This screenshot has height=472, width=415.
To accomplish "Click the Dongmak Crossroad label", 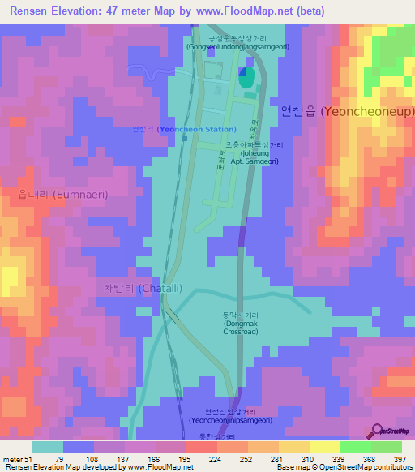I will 241,324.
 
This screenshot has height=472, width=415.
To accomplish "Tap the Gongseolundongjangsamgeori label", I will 237,42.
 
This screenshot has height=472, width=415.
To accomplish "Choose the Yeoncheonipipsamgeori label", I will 229,415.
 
